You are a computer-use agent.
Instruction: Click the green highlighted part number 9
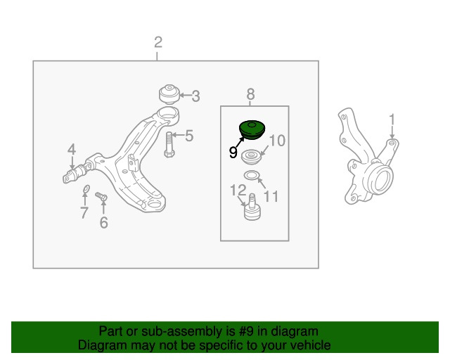tap(252, 130)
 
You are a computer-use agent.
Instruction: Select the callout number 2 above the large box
tap(158, 42)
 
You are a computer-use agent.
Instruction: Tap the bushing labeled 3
tap(169, 94)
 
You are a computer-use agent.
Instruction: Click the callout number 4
tap(72, 150)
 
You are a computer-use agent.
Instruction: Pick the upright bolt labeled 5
tap(169, 144)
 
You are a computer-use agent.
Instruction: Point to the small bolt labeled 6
tap(101, 197)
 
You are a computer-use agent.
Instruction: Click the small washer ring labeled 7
tap(86, 188)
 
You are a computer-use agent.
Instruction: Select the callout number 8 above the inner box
tap(250, 94)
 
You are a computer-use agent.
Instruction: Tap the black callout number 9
tap(233, 153)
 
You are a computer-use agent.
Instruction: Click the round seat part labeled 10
tap(252, 157)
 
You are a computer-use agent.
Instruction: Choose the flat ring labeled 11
tap(252, 175)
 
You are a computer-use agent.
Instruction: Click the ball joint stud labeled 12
tap(252, 207)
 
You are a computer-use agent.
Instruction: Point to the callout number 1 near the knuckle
tap(392, 120)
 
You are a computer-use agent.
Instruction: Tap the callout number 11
tap(271, 197)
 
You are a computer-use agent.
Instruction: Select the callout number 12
tap(238, 190)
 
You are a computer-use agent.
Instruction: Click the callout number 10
tap(277, 141)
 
